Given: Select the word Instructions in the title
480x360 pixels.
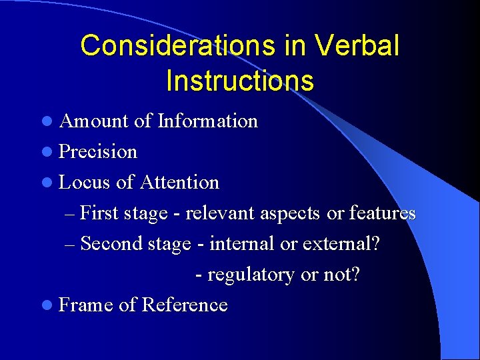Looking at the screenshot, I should pyautogui.click(x=239, y=81).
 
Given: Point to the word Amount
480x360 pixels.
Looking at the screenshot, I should pyautogui.click(x=93, y=121).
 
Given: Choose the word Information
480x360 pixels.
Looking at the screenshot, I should pyautogui.click(x=207, y=121).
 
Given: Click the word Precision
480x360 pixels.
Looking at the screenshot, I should pyautogui.click(x=98, y=152).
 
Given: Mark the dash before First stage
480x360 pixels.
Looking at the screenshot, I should pyautogui.click(x=71, y=214).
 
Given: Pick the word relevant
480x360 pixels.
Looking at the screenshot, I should pyautogui.click(x=219, y=213).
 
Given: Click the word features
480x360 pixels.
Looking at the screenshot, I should pyautogui.click(x=382, y=213).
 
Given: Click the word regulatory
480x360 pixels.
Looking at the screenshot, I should pyautogui.click(x=251, y=275).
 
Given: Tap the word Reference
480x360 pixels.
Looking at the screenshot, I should pyautogui.click(x=185, y=305).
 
